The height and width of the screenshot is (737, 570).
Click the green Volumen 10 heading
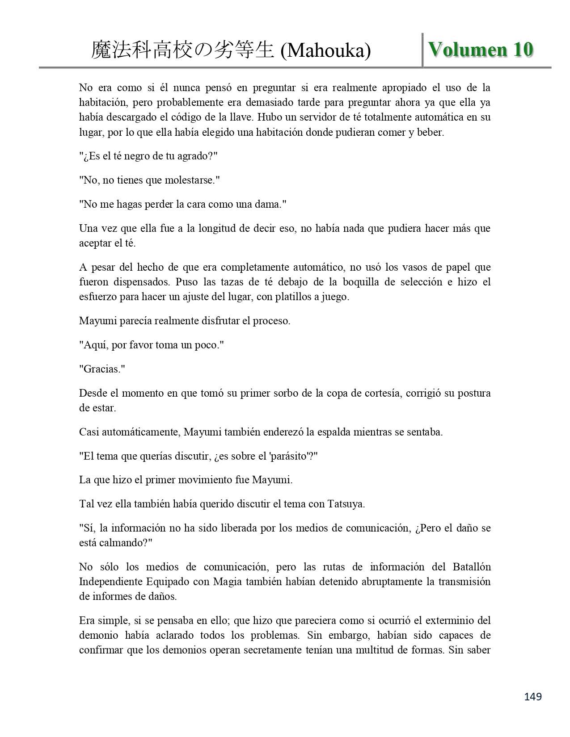[481, 50]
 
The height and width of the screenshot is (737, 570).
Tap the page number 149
[532, 696]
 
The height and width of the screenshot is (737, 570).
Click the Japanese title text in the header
[182, 50]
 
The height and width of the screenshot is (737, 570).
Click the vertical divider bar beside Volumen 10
[422, 50]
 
